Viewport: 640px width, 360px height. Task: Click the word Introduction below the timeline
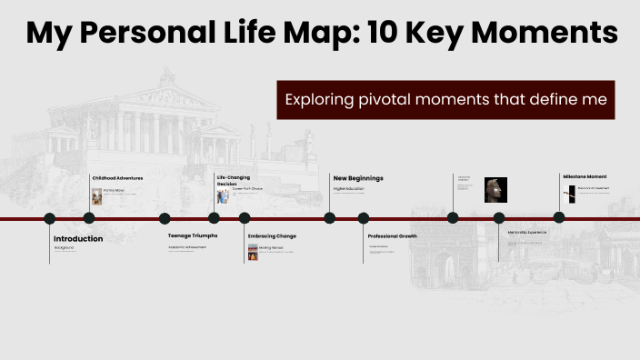pyautogui.click(x=78, y=239)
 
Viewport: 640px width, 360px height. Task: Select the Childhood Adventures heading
pyautogui.click(x=116, y=177)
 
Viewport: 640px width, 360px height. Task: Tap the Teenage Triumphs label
pyautogui.click(x=192, y=235)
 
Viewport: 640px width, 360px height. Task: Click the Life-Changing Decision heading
pyautogui.click(x=233, y=180)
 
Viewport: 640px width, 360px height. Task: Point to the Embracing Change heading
pyautogui.click(x=272, y=235)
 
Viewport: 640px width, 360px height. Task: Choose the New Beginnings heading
pyautogui.click(x=358, y=178)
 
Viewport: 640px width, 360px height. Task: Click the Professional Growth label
pyautogui.click(x=392, y=235)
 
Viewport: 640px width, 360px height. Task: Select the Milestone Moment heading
pyautogui.click(x=584, y=176)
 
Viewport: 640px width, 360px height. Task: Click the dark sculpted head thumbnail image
pyautogui.click(x=495, y=189)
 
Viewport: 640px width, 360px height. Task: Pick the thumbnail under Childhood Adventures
pyautogui.click(x=97, y=195)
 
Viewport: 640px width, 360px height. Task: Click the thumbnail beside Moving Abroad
pyautogui.click(x=253, y=251)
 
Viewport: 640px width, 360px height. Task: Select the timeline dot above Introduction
pyautogui.click(x=50, y=218)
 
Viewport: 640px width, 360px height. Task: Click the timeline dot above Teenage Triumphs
pyautogui.click(x=165, y=218)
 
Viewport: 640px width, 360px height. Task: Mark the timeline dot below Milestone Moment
pyautogui.click(x=559, y=217)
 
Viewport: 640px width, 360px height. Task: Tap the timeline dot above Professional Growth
pyautogui.click(x=364, y=218)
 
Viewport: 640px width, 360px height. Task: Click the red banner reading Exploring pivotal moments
pyautogui.click(x=445, y=100)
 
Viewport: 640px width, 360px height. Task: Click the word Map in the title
pyautogui.click(x=308, y=34)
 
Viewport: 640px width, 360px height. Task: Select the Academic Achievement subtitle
pyautogui.click(x=187, y=247)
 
